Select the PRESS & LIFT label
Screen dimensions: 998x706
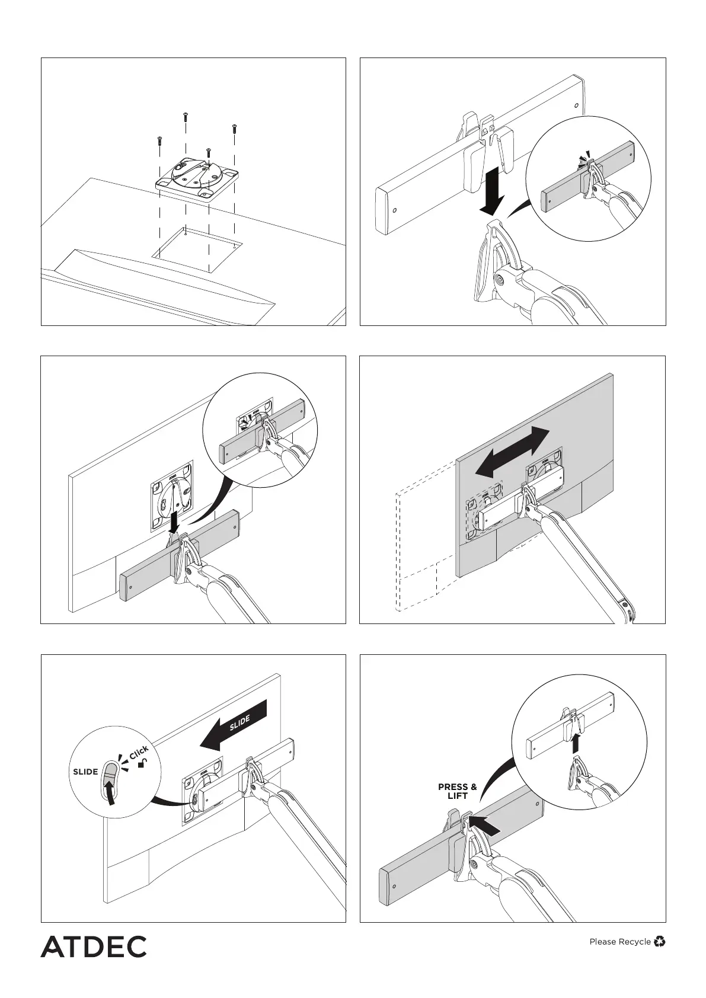click(457, 791)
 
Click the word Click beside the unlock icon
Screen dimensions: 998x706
click(139, 754)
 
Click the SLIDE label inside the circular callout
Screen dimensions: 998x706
click(85, 772)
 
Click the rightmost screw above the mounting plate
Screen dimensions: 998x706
click(234, 127)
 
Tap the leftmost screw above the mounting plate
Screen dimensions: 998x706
click(159, 140)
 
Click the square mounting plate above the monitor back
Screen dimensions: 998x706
click(197, 178)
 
